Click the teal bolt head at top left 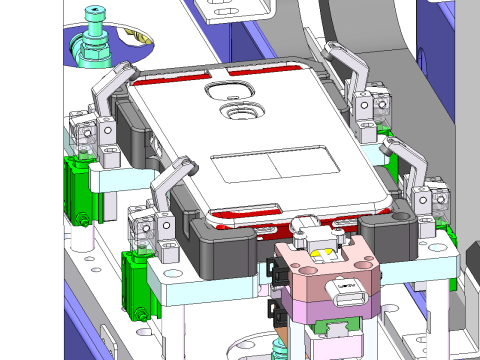click(x=95, y=13)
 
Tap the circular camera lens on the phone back click(x=240, y=112)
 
